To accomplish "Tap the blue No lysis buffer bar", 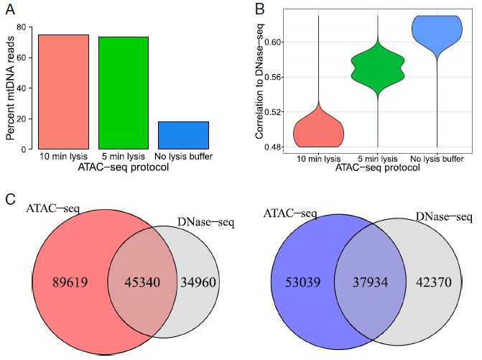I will (182, 135).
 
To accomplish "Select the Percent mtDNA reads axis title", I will (9, 87).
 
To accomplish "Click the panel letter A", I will (9, 9).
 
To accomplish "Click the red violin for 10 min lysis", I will (319, 129).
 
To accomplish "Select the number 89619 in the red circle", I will (70, 282).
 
